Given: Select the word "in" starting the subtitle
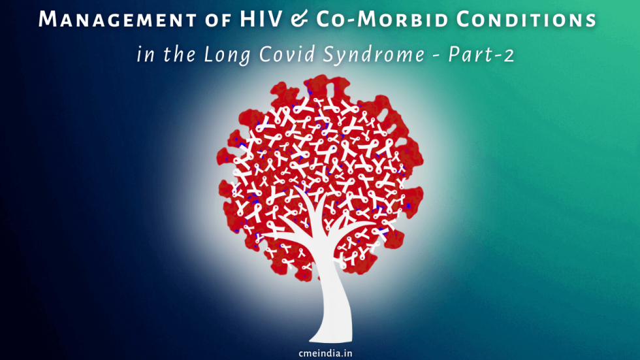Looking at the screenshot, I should click(144, 55).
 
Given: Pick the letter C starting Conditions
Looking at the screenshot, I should click(467, 20).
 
